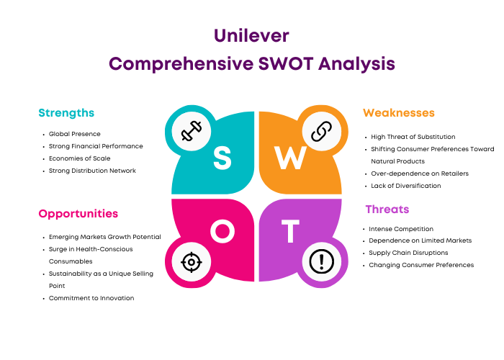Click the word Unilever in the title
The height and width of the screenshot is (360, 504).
[251, 35]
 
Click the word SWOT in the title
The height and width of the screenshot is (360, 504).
[286, 63]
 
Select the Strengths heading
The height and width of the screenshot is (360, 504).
[66, 113]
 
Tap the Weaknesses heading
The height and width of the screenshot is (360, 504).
[399, 113]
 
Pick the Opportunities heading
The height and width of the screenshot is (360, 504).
[78, 214]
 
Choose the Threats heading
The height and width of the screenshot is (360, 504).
[387, 210]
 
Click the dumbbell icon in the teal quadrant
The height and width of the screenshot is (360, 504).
[192, 131]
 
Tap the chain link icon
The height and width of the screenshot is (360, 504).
[321, 132]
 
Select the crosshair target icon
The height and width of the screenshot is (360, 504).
[192, 262]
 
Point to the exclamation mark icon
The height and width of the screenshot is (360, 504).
[321, 261]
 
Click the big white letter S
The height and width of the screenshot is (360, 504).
[222, 158]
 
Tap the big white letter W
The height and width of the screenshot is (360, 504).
[290, 158]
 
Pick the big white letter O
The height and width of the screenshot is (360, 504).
[222, 231]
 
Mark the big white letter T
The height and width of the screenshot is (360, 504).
[290, 231]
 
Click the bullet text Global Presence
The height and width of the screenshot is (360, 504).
[75, 134]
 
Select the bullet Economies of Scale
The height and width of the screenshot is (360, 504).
[79, 158]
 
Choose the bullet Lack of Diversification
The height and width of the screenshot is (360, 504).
[405, 186]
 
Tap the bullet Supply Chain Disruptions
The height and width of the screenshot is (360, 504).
[408, 253]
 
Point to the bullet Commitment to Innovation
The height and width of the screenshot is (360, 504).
[91, 298]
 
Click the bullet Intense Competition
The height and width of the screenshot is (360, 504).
[401, 229]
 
